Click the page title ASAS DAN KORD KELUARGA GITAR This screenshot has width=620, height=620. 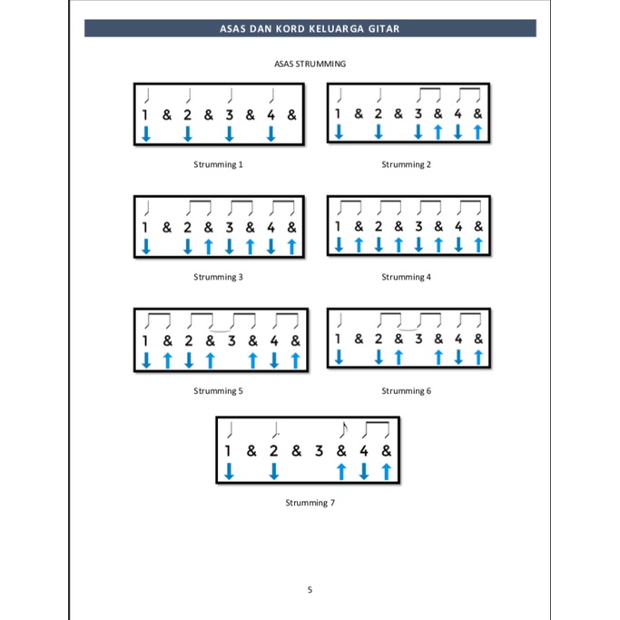[310, 28]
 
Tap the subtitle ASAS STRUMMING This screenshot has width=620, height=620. [310, 64]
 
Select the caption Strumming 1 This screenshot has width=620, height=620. [218, 164]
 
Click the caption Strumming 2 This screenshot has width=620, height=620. [406, 164]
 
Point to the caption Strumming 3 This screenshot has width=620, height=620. [218, 277]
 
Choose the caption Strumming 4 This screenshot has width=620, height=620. [406, 277]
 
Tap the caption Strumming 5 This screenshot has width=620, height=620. [218, 391]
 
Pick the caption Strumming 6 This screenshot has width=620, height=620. [406, 391]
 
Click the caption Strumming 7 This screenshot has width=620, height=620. [310, 502]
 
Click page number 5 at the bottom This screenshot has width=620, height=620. [310, 590]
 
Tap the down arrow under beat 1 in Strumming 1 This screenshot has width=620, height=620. [145, 134]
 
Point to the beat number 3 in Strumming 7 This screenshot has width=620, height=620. [319, 449]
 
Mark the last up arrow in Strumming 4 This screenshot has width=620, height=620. [478, 244]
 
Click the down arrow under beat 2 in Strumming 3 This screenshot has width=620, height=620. [187, 246]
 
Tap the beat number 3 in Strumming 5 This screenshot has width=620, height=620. [231, 341]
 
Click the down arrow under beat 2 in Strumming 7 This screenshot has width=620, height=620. [273, 471]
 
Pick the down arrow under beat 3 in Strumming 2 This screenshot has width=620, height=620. [418, 133]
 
